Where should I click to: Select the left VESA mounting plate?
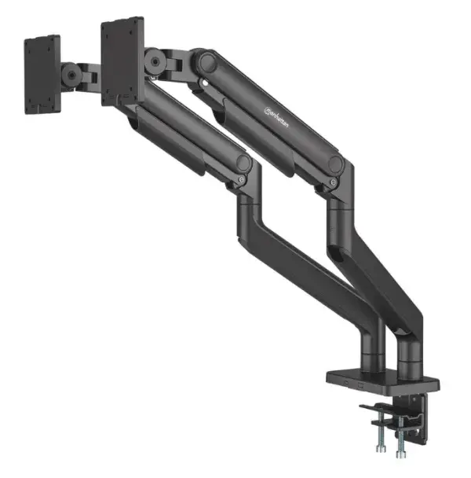pyautogui.click(x=42, y=74)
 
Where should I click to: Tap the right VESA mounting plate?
pyautogui.click(x=122, y=61)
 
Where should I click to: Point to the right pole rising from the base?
pyautogui.click(x=409, y=346)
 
